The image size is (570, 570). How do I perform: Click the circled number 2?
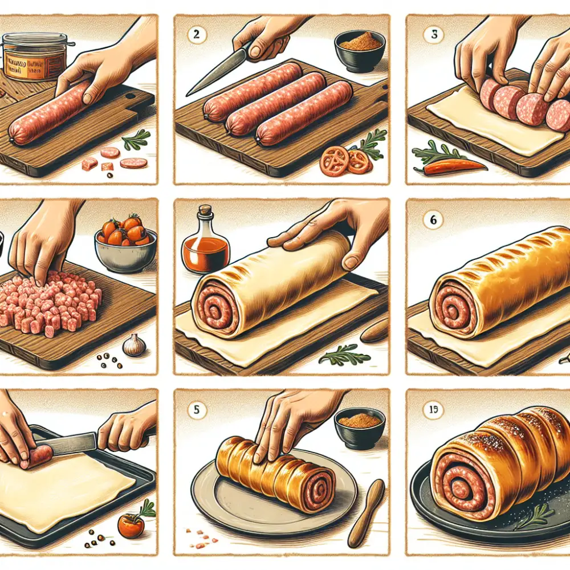(x=196, y=32)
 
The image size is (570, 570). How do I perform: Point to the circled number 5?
(x=197, y=409)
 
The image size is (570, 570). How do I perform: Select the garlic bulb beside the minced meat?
(x=134, y=345)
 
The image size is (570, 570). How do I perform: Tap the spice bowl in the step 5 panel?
(x=360, y=427)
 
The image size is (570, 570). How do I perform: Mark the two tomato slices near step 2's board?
(x=345, y=161)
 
